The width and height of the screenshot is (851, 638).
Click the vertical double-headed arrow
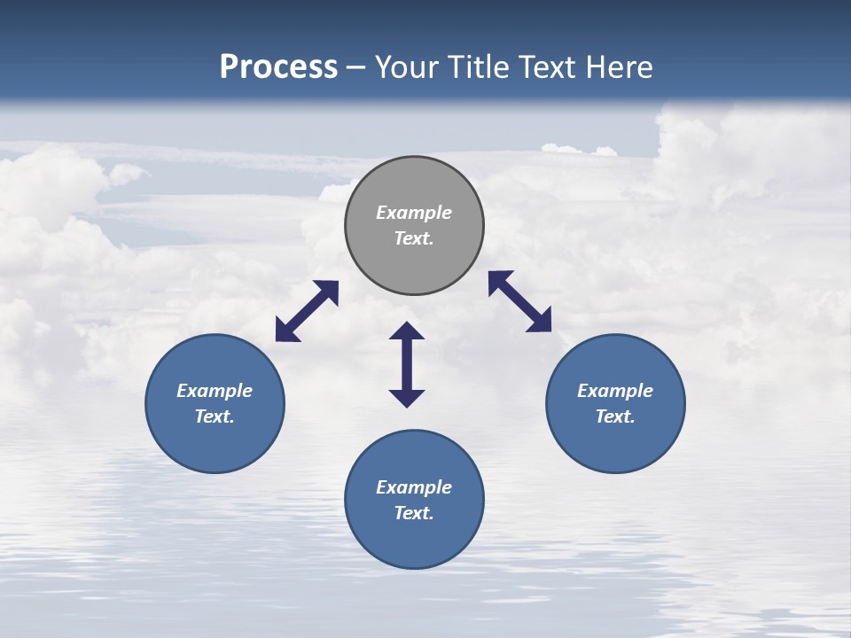pyautogui.click(x=407, y=364)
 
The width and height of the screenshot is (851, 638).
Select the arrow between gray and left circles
pyautogui.click(x=307, y=311)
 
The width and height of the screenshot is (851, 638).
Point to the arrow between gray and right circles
pyautogui.click(x=520, y=301)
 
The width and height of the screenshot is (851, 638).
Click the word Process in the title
pyautogui.click(x=278, y=66)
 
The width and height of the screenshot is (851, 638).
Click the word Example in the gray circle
pyautogui.click(x=414, y=213)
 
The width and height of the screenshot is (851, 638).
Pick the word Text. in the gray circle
pyautogui.click(x=414, y=239)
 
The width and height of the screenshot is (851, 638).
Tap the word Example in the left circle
pyautogui.click(x=215, y=391)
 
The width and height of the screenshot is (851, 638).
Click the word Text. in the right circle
pyautogui.click(x=615, y=416)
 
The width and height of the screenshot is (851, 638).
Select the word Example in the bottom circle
pyautogui.click(x=414, y=487)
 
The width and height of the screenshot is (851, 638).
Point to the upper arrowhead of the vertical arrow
pyautogui.click(x=407, y=331)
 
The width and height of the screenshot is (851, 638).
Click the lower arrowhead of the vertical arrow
pyautogui.click(x=407, y=398)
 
